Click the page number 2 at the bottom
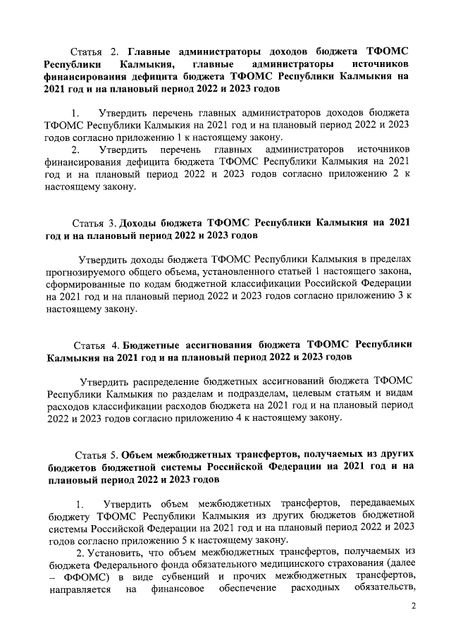(414, 607)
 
